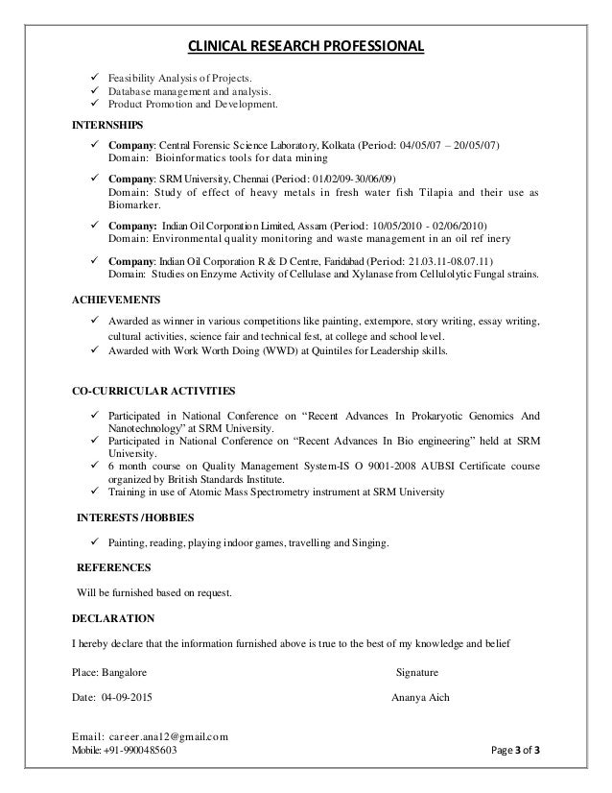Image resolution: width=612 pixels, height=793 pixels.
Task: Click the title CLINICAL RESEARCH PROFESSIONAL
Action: click(x=305, y=45)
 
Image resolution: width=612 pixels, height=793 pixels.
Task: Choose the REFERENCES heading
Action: click(x=113, y=566)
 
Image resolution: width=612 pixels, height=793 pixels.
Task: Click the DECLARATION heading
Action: click(x=115, y=617)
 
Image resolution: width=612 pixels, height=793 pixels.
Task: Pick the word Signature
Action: click(x=417, y=671)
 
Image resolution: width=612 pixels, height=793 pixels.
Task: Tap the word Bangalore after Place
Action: click(x=125, y=671)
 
